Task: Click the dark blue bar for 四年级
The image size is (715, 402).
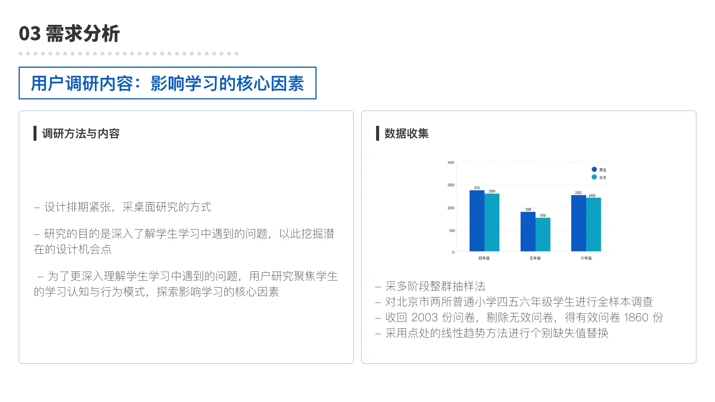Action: pyautogui.click(x=477, y=221)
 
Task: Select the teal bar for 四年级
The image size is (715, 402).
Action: pyautogui.click(x=492, y=223)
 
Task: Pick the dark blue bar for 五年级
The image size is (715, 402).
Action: pyautogui.click(x=528, y=232)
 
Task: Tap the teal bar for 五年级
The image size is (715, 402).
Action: pyautogui.click(x=543, y=234)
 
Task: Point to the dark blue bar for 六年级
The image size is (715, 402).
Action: pyautogui.click(x=579, y=223)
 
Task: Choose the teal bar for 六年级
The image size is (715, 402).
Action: pyautogui.click(x=594, y=224)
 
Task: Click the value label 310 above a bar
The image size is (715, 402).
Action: pyautogui.click(x=477, y=188)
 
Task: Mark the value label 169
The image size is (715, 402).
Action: pyautogui.click(x=543, y=215)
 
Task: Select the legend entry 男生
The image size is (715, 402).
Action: pyautogui.click(x=599, y=170)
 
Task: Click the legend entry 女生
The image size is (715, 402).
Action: pyautogui.click(x=599, y=178)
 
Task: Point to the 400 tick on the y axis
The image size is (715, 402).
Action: pyautogui.click(x=451, y=162)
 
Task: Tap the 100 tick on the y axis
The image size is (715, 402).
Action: pyautogui.click(x=452, y=231)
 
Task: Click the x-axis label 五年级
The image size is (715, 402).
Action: pyautogui.click(x=535, y=258)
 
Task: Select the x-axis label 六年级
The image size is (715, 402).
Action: pyautogui.click(x=586, y=258)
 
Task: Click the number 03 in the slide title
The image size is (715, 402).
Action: pyautogui.click(x=30, y=34)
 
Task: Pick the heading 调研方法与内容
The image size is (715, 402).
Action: pyautogui.click(x=81, y=133)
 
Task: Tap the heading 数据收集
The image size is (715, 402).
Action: pyautogui.click(x=406, y=133)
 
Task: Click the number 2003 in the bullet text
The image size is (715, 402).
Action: pyautogui.click(x=425, y=317)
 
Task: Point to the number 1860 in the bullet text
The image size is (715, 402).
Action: pyautogui.click(x=636, y=317)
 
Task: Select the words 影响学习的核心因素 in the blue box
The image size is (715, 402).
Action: pyautogui.click(x=227, y=83)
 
